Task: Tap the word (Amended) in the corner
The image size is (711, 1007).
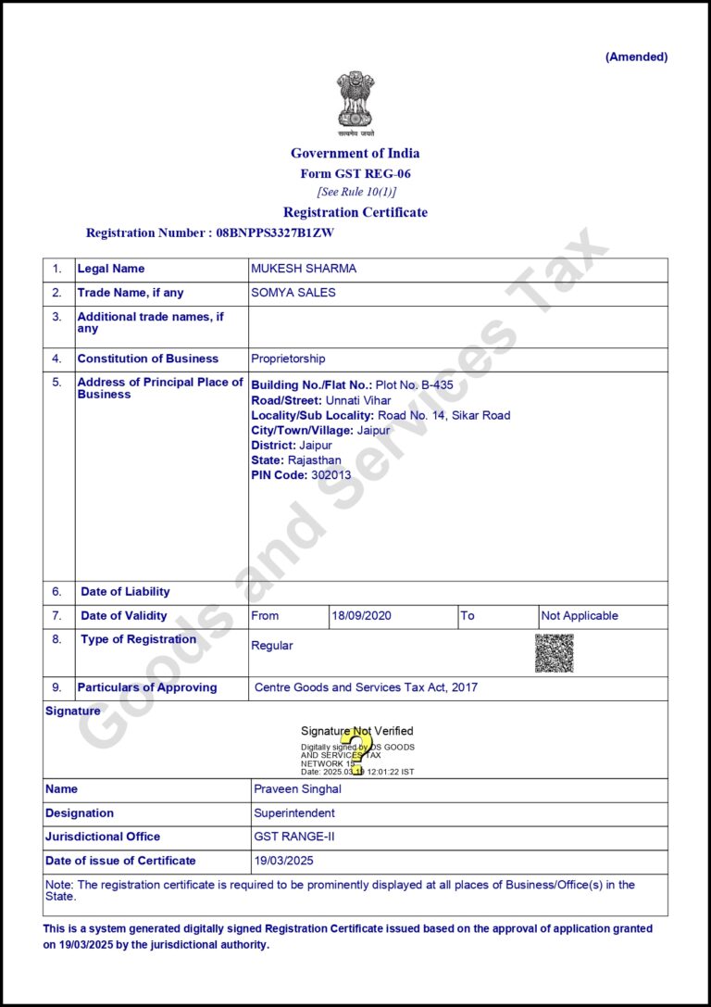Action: pyautogui.click(x=636, y=57)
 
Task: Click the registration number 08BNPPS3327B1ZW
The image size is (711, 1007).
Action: pyautogui.click(x=275, y=233)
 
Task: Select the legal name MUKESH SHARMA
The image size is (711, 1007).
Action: pyautogui.click(x=304, y=269)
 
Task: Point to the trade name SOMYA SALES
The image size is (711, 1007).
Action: pyautogui.click(x=293, y=293)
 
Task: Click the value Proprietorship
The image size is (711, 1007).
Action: pyautogui.click(x=288, y=359)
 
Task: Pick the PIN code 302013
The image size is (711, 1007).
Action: pyautogui.click(x=331, y=475)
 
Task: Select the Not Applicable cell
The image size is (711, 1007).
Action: pyautogui.click(x=580, y=616)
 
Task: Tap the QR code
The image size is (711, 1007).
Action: pyautogui.click(x=554, y=653)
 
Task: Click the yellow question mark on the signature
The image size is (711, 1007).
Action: pyautogui.click(x=353, y=749)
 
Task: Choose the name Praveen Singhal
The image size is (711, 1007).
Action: pyautogui.click(x=297, y=789)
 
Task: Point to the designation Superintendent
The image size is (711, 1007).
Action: pyautogui.click(x=294, y=813)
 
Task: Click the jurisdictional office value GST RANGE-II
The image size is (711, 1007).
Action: pyautogui.click(x=293, y=837)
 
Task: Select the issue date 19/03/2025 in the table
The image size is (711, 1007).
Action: pyautogui.click(x=283, y=861)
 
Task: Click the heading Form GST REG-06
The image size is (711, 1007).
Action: pyautogui.click(x=355, y=173)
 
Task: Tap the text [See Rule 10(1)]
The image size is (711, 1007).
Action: pyautogui.click(x=355, y=192)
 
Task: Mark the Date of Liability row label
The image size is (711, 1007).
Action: pyautogui.click(x=125, y=592)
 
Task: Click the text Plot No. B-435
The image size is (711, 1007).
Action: pyautogui.click(x=414, y=384)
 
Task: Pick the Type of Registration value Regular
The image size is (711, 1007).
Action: pyautogui.click(x=271, y=646)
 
